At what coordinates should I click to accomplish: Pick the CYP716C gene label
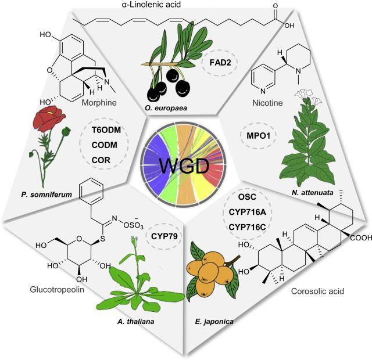pyautogui.click(x=245, y=234)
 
